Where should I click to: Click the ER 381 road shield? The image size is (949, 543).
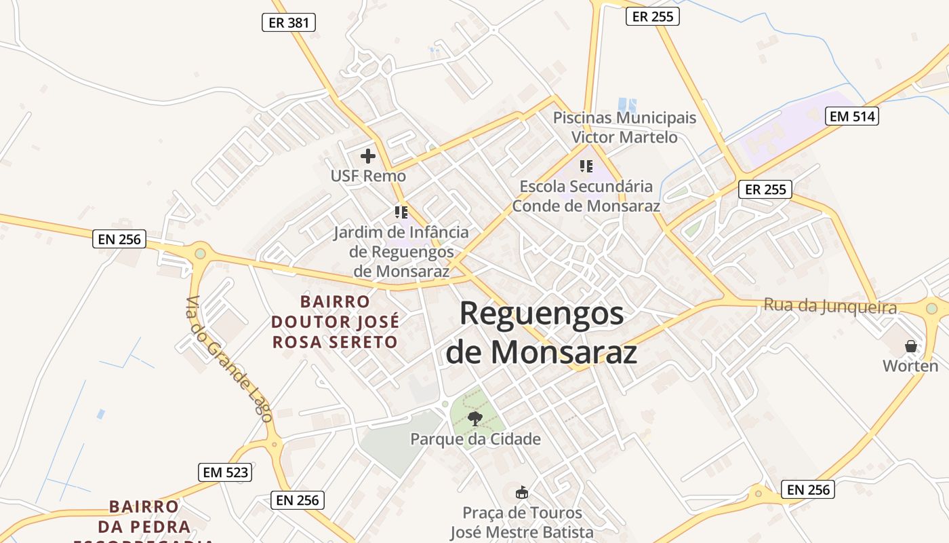point(289,22)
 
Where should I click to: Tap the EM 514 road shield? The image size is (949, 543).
point(853,116)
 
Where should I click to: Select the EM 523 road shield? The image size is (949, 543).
point(225,472)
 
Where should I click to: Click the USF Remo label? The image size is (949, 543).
point(368,176)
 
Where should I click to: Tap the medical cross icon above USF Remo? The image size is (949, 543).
point(368,157)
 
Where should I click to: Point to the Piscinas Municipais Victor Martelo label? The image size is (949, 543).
point(624,127)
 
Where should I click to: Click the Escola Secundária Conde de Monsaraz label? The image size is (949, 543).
point(586,195)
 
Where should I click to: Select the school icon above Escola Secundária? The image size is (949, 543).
point(586,166)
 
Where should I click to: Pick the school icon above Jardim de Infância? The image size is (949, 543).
point(401,212)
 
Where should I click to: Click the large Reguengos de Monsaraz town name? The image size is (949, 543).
point(542,333)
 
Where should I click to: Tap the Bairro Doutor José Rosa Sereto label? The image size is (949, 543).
point(335,322)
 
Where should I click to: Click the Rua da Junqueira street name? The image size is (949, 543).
point(830,306)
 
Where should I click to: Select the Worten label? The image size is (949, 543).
point(910,366)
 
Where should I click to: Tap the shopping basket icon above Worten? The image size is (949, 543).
point(911,346)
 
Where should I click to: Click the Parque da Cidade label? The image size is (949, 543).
point(475,439)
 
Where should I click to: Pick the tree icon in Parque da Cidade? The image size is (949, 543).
point(475,418)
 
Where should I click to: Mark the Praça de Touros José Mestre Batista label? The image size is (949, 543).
point(523,523)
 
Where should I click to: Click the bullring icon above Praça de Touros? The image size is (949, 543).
point(522,492)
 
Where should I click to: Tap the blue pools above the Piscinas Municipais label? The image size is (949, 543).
point(628,105)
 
